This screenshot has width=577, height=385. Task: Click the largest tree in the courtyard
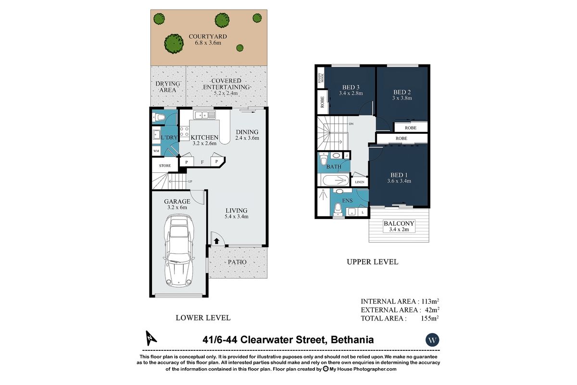point(174,43)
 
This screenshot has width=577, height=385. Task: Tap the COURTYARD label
point(208,36)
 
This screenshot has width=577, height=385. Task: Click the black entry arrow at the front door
point(216,241)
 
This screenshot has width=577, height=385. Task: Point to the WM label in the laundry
point(156,151)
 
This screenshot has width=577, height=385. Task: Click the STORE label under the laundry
point(165,166)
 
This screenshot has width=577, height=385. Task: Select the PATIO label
point(237,262)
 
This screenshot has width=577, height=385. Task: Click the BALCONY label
point(399,223)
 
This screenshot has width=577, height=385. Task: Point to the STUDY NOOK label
point(321,78)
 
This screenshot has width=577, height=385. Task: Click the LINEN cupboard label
point(360,182)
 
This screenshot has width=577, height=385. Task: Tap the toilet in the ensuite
point(338,208)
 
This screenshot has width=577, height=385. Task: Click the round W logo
point(432,340)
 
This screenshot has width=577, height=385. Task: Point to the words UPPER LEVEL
point(373,262)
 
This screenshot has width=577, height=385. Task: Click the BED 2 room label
point(402,92)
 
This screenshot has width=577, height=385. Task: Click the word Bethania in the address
point(351,340)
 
